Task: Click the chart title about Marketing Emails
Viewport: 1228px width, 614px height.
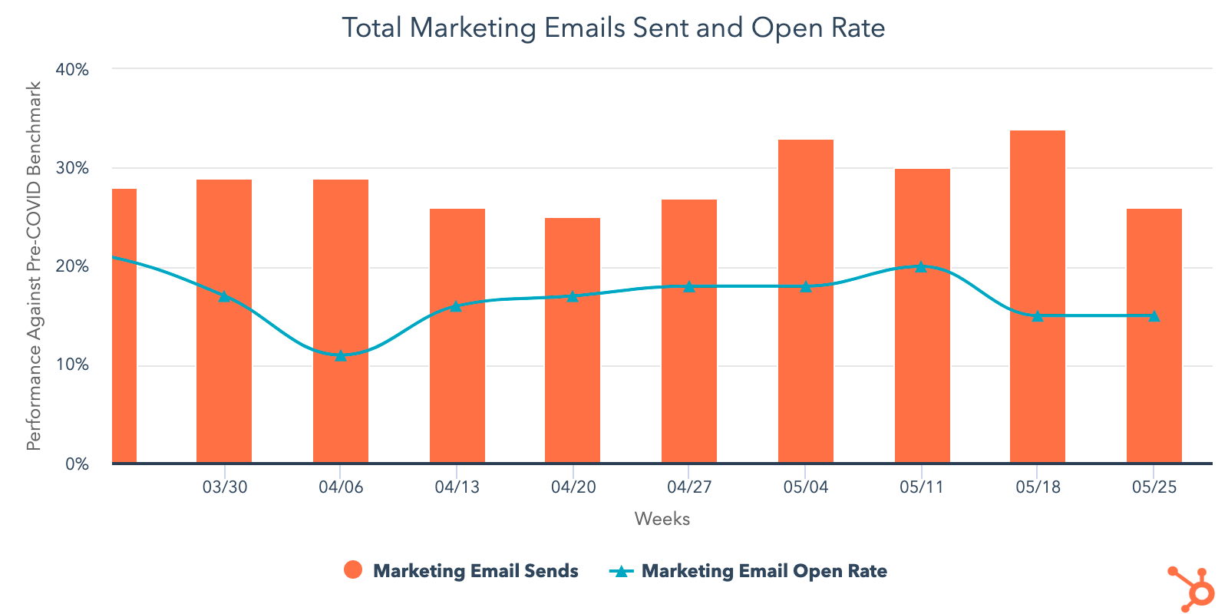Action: (613, 28)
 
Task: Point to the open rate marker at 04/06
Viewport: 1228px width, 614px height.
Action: (341, 355)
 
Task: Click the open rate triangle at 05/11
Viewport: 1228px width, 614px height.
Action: (921, 266)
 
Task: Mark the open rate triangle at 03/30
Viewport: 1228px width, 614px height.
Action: (224, 296)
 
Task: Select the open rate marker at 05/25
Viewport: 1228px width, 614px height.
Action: (1154, 315)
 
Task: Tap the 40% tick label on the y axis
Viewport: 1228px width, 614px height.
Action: (72, 69)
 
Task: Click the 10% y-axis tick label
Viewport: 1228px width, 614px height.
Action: (72, 365)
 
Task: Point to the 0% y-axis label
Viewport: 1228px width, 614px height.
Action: (77, 464)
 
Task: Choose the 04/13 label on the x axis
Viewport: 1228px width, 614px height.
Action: (457, 487)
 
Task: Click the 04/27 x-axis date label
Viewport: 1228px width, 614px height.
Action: (689, 487)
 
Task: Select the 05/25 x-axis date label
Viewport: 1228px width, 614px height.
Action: (1154, 487)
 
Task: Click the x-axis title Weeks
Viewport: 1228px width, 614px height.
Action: (662, 519)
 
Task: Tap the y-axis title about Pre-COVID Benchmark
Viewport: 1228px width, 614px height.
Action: (34, 266)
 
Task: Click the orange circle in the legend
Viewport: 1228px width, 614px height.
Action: (353, 570)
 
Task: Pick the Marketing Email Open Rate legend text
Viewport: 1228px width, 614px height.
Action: (764, 571)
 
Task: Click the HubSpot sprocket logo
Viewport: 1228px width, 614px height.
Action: (1192, 589)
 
